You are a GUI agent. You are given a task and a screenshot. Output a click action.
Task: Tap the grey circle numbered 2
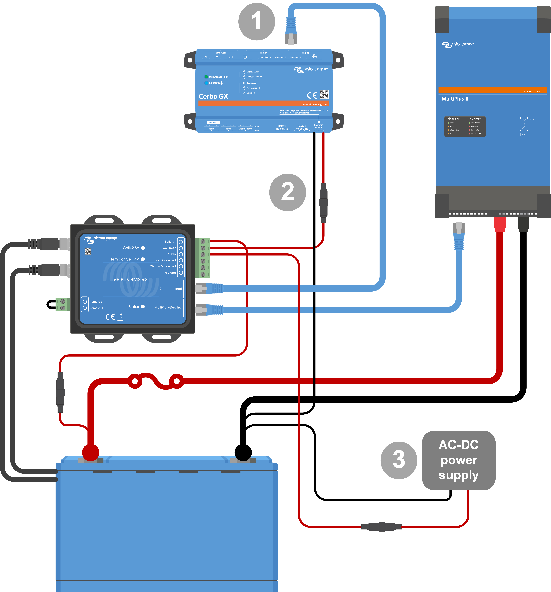point(287,192)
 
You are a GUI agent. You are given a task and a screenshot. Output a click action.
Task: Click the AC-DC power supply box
point(458,460)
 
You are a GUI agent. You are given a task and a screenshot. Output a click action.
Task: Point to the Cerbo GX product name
point(213,96)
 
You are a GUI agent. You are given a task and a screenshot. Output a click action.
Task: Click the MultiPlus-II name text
point(455,99)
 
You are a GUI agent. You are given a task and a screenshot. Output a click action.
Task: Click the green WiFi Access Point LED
point(206,77)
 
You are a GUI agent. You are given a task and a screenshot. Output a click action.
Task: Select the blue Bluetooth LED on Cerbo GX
point(206,83)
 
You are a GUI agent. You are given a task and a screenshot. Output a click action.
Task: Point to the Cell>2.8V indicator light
point(143,248)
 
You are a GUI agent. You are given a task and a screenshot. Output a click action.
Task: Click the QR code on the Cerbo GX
point(324,94)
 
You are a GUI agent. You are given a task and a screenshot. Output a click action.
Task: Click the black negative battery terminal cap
point(243,453)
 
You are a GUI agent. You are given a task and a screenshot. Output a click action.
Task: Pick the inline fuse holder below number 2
point(323,203)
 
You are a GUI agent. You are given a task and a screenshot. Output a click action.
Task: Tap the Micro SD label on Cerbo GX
point(213,122)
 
